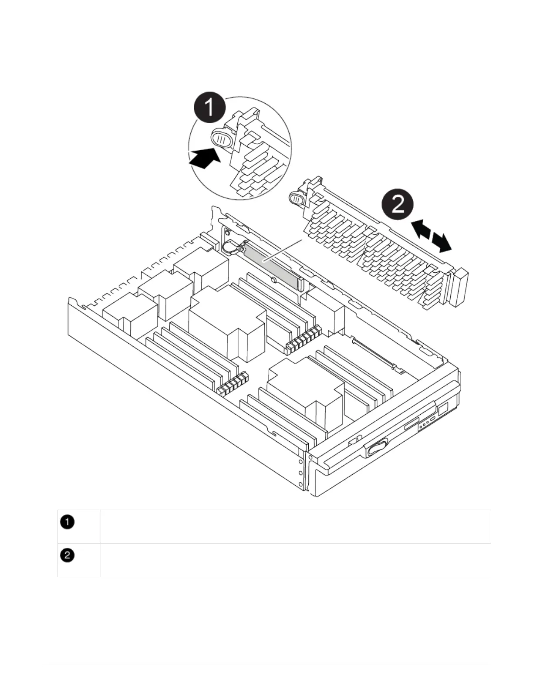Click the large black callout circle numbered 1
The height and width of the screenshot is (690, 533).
coord(210,107)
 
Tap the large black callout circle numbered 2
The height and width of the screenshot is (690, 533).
coord(398,204)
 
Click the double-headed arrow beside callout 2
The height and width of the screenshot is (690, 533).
coord(432,236)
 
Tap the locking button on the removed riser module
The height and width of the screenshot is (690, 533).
coord(296,199)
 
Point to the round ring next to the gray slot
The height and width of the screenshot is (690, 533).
coord(229,249)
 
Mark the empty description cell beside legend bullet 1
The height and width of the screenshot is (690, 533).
coord(295,527)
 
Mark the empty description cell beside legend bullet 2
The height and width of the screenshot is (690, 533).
coord(295,560)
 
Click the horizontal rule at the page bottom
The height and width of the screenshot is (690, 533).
coord(266,664)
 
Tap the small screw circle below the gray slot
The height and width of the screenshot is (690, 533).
coord(273,281)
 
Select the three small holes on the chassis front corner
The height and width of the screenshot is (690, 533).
coord(300,472)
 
